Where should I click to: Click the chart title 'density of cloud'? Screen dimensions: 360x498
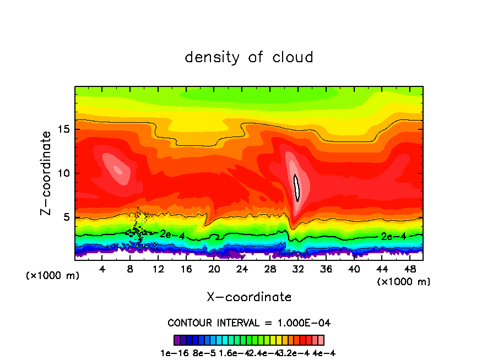pyautogui.click(x=249, y=57)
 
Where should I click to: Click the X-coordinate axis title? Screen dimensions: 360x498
pyautogui.click(x=249, y=297)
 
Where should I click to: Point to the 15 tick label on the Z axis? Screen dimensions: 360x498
pyautogui.click(x=63, y=130)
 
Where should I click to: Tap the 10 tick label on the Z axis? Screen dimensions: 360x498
pyautogui.click(x=63, y=173)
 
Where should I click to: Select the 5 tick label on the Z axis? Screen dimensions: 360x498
pyautogui.click(x=66, y=217)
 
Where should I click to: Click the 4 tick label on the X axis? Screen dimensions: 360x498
pyautogui.click(x=102, y=269)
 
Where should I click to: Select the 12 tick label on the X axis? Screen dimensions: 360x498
pyautogui.click(x=158, y=269)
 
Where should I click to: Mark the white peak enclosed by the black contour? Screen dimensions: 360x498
pyautogui.click(x=297, y=188)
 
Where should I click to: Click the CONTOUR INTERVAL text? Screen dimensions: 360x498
pyautogui.click(x=249, y=323)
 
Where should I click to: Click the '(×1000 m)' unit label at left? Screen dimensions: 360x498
pyautogui.click(x=53, y=276)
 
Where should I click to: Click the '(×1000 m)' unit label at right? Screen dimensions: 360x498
pyautogui.click(x=404, y=282)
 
